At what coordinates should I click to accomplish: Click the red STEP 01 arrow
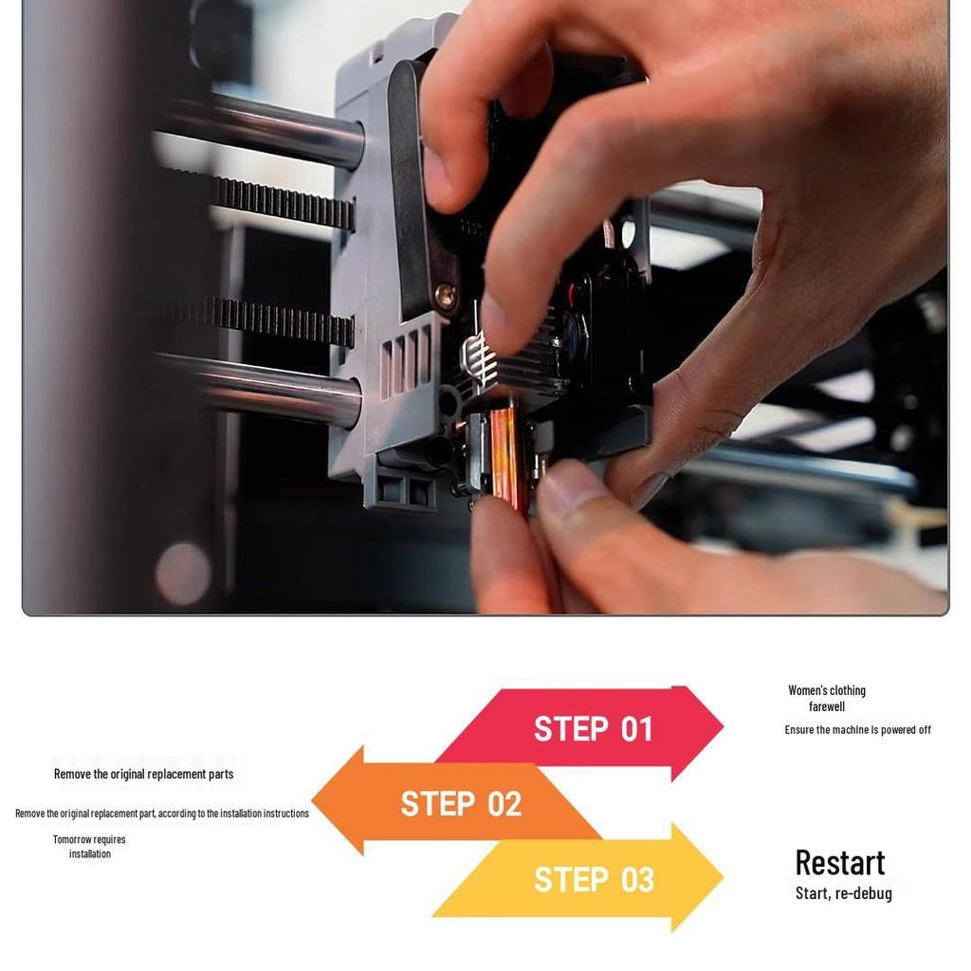(593, 729)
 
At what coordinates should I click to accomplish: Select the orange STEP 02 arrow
(461, 803)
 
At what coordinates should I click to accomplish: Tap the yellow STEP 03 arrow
(594, 879)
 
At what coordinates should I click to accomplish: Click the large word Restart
(839, 862)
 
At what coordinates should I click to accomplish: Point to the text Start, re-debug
(843, 893)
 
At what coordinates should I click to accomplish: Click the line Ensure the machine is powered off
(857, 729)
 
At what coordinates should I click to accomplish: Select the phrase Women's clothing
(827, 690)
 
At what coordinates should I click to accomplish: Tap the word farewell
(827, 706)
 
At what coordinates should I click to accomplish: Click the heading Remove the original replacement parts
(143, 774)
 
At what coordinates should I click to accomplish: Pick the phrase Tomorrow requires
(89, 839)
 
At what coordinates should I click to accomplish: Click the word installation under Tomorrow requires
(90, 853)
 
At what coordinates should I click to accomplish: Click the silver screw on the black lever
(445, 295)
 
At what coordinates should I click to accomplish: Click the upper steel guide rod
(275, 128)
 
